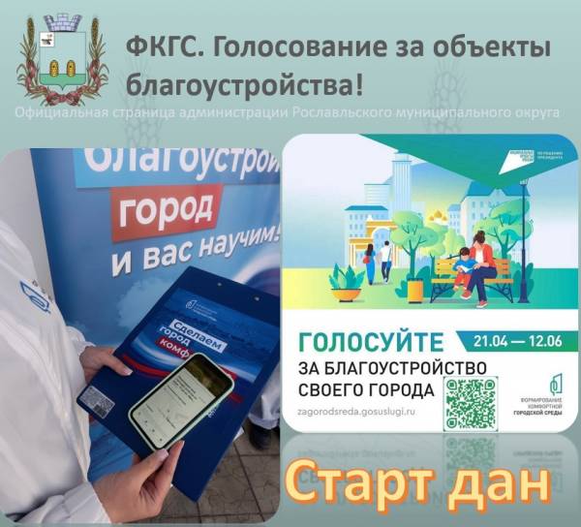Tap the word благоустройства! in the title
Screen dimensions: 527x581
tap(246, 85)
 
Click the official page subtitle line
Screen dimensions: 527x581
tap(290, 112)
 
